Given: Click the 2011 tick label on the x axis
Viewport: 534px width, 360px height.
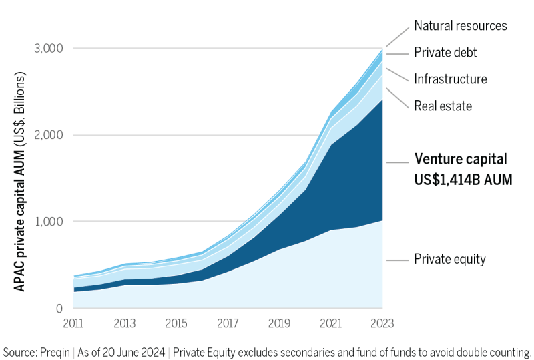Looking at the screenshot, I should pyautogui.click(x=73, y=324).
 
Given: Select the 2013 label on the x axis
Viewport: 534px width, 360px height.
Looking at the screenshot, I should pyautogui.click(x=125, y=324).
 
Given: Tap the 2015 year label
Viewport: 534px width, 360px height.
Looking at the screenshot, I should pyautogui.click(x=176, y=324).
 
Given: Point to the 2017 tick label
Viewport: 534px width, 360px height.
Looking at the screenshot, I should pyautogui.click(x=228, y=324).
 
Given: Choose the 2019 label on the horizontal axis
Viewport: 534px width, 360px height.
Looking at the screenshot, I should pyautogui.click(x=279, y=324).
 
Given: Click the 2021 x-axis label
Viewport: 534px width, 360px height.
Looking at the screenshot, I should pyautogui.click(x=330, y=324).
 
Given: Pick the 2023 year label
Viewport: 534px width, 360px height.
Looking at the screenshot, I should pyautogui.click(x=382, y=324).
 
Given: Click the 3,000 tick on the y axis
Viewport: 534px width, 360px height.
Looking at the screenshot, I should pyautogui.click(x=49, y=49).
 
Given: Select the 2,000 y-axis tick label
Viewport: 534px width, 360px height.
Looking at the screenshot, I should pyautogui.click(x=49, y=135).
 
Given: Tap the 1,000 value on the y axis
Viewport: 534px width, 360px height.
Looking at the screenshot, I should pyautogui.click(x=49, y=222).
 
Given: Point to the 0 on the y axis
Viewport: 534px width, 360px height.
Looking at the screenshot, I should pyautogui.click(x=59, y=309).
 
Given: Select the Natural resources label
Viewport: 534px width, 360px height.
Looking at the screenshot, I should pyautogui.click(x=461, y=26).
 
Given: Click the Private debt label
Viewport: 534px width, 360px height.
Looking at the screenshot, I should pyautogui.click(x=446, y=53).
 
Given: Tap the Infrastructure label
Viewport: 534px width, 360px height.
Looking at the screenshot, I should pyautogui.click(x=451, y=79).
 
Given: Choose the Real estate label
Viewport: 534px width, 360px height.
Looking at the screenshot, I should pyautogui.click(x=443, y=106).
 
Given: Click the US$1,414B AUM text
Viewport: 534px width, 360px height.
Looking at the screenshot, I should pyautogui.click(x=463, y=179).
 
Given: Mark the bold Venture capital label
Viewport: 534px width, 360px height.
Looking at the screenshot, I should pyautogui.click(x=461, y=160).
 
